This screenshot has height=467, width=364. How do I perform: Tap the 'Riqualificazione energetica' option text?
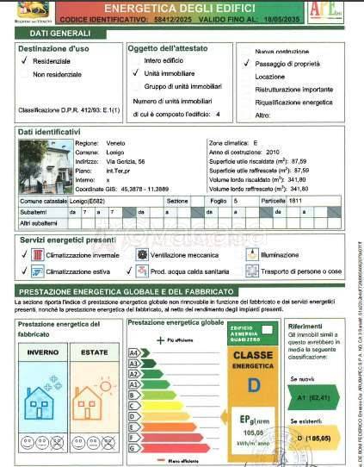[293, 102]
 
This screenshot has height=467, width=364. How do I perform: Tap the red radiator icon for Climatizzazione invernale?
[39, 255]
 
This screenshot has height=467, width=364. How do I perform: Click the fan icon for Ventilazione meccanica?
[141, 255]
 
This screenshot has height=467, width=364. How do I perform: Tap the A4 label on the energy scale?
[134, 352]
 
